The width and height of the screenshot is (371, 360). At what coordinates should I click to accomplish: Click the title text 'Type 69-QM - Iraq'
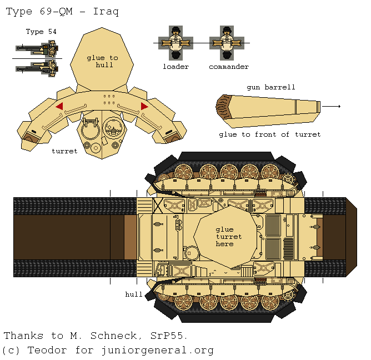point(62,11)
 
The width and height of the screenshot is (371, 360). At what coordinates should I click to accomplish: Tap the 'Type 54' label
point(41,32)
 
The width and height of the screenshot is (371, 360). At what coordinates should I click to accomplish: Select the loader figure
point(176,42)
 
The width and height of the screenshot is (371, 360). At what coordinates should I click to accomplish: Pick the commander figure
point(227,42)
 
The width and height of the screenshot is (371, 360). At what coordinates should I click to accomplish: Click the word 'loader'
point(176,67)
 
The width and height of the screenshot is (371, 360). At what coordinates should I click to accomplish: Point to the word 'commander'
point(228,67)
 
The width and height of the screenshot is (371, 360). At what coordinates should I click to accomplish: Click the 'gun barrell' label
point(270,87)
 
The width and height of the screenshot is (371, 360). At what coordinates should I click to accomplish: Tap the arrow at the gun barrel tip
point(332,106)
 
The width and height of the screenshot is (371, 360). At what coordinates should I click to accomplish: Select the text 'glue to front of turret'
point(269,134)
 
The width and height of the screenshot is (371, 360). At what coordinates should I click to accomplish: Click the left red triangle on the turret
point(59,106)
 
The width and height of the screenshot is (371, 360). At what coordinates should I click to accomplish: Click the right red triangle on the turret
point(144,106)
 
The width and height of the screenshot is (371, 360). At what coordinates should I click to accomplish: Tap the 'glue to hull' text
point(103,61)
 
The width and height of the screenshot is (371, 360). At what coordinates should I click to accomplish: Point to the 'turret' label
point(65,151)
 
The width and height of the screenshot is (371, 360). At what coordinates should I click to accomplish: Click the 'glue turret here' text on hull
point(224,237)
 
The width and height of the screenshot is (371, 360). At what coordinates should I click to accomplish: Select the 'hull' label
point(133,294)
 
